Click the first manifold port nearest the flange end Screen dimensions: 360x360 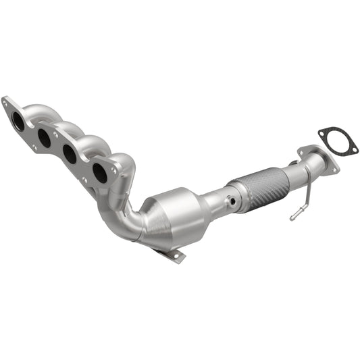point(19,122)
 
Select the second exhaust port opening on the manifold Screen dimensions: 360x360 point(44,138)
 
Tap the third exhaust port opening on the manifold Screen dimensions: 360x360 point(70,154)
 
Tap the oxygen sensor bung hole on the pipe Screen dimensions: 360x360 point(232,201)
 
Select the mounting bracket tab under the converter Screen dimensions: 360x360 point(173,255)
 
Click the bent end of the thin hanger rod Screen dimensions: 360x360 point(293,217)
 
